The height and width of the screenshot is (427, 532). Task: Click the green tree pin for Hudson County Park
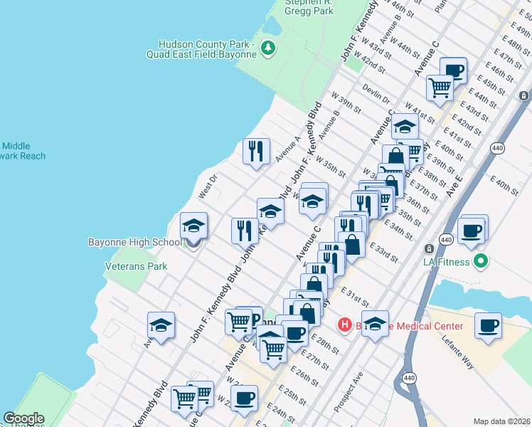tap(268, 48)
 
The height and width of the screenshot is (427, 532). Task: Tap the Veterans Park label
tap(136, 266)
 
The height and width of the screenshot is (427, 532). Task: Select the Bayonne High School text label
tap(134, 242)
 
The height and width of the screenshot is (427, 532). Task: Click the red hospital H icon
tap(345, 325)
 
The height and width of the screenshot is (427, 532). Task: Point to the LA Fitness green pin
tap(481, 261)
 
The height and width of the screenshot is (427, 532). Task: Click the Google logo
tap(23, 418)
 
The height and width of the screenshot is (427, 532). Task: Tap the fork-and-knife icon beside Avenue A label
tap(256, 151)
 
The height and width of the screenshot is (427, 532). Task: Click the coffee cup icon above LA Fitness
tap(473, 230)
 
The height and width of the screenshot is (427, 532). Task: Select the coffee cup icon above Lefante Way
tap(488, 325)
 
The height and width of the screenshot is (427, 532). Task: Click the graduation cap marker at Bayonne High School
tap(193, 226)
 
